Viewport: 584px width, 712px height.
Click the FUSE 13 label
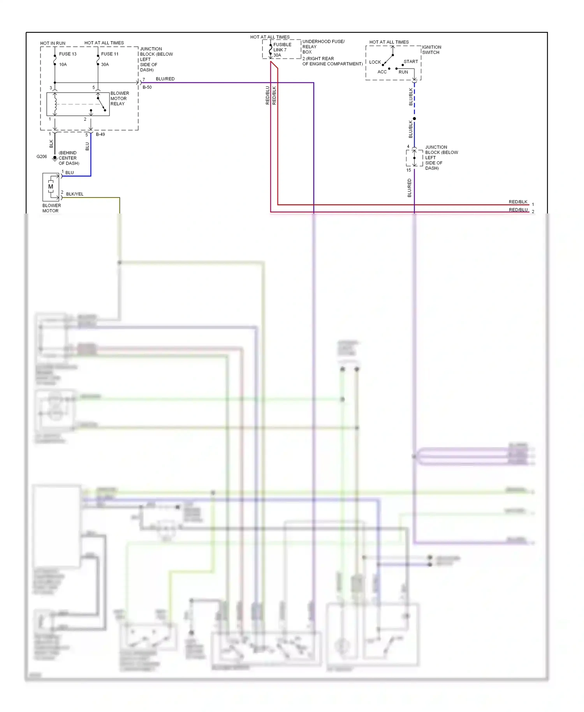pyautogui.click(x=68, y=54)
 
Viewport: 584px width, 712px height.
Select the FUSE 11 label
pyautogui.click(x=110, y=54)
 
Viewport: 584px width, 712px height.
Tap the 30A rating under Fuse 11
pyautogui.click(x=105, y=65)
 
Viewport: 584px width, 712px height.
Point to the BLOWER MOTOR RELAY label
pyautogui.click(x=120, y=99)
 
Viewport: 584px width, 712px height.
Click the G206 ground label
pyautogui.click(x=42, y=157)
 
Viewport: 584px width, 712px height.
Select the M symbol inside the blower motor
pyautogui.click(x=51, y=187)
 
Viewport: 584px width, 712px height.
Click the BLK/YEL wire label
pyautogui.click(x=75, y=194)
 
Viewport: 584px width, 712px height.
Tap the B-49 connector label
pyautogui.click(x=100, y=134)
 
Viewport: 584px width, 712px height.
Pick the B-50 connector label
pyautogui.click(x=147, y=87)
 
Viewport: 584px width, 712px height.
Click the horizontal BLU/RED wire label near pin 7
pyautogui.click(x=165, y=79)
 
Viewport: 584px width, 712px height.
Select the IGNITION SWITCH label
pyautogui.click(x=431, y=50)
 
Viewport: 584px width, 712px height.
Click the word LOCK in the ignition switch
pyautogui.click(x=375, y=62)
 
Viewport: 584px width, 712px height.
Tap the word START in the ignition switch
pyautogui.click(x=411, y=62)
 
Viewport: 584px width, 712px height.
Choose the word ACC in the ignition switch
pyautogui.click(x=382, y=72)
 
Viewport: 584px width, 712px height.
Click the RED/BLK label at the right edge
pyautogui.click(x=518, y=202)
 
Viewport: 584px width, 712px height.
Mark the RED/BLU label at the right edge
pyautogui.click(x=518, y=210)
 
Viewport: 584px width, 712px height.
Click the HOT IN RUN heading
pyautogui.click(x=53, y=43)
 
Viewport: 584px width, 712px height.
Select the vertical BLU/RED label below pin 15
pyautogui.click(x=409, y=188)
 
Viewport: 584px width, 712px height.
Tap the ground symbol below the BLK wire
pyautogui.click(x=55, y=159)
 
